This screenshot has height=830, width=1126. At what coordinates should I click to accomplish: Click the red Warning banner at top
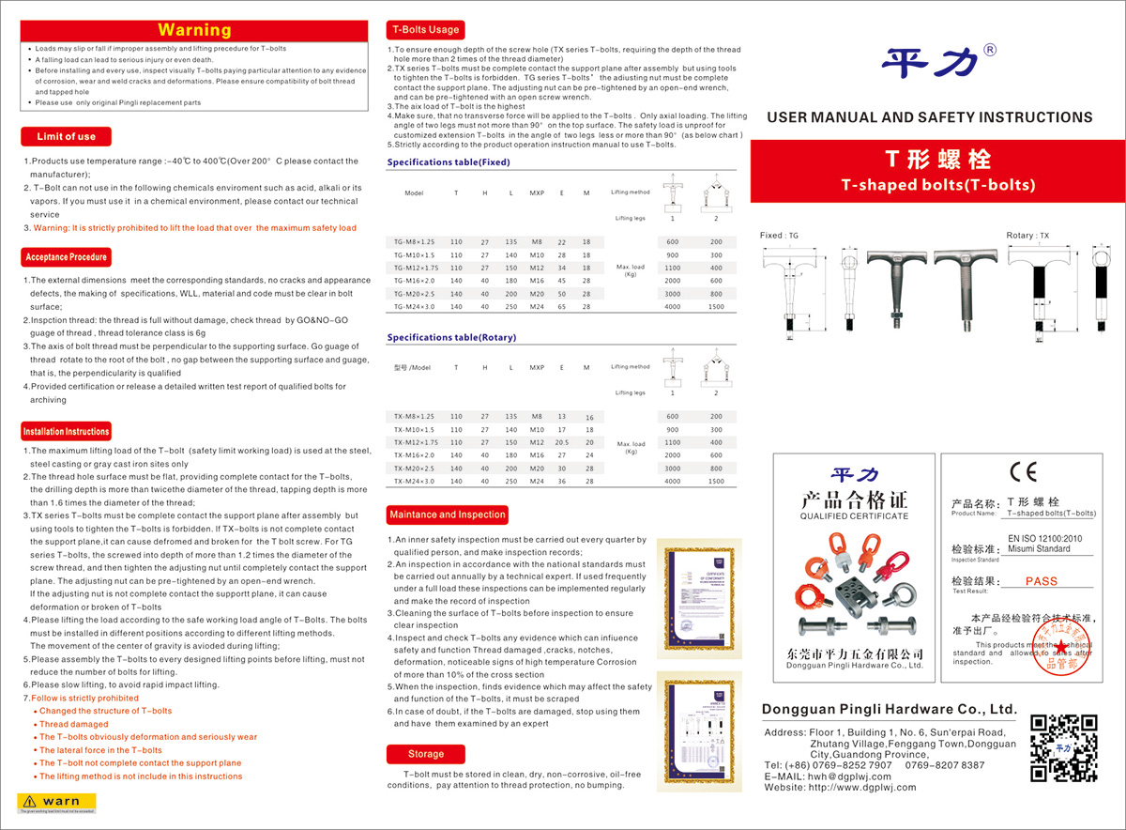pyautogui.click(x=194, y=30)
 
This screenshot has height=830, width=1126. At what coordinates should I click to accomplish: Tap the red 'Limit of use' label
pyautogui.click(x=66, y=136)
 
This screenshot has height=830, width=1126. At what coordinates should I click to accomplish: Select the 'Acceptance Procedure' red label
pyautogui.click(x=66, y=257)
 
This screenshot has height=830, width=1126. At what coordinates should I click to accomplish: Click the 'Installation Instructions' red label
pyautogui.click(x=66, y=432)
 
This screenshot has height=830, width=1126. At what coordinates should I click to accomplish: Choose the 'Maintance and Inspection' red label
pyautogui.click(x=448, y=515)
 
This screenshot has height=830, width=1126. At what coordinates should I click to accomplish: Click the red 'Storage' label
pyautogui.click(x=426, y=754)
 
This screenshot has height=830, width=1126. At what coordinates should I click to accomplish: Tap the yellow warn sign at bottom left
pyautogui.click(x=56, y=802)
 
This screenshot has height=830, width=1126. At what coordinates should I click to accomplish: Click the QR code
pyautogui.click(x=1063, y=747)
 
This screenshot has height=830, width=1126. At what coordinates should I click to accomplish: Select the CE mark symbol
pyautogui.click(x=1022, y=471)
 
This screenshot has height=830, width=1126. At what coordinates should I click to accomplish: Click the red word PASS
pyautogui.click(x=1041, y=581)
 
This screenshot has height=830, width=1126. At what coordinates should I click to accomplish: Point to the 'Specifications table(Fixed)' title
pyautogui.click(x=449, y=162)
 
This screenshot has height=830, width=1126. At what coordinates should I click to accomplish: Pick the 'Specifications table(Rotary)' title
pyautogui.click(x=450, y=336)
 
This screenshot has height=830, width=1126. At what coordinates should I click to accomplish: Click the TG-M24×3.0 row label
pyautogui.click(x=414, y=307)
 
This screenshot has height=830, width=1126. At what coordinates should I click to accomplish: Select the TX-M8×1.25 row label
pyautogui.click(x=414, y=416)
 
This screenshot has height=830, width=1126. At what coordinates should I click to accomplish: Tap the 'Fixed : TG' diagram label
pyautogui.click(x=779, y=236)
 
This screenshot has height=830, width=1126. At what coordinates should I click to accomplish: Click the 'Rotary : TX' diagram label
pyautogui.click(x=1027, y=236)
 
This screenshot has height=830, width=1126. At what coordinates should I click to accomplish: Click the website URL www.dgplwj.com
pyautogui.click(x=860, y=787)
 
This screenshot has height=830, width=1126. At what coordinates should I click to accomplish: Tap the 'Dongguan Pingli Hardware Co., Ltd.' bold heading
pyautogui.click(x=889, y=709)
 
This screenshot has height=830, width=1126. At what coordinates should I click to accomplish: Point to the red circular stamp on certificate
pyautogui.click(x=1063, y=650)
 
